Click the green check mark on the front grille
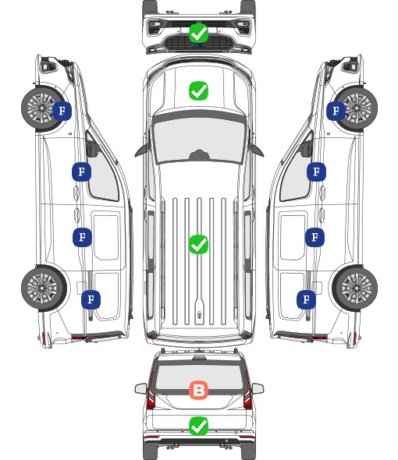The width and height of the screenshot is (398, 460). (x=198, y=34)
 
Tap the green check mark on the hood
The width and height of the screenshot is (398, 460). (x=198, y=90)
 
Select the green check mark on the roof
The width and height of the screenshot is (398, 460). (x=198, y=244)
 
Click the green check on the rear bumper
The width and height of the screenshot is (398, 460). (x=198, y=426)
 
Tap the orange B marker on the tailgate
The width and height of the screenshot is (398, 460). (x=198, y=391)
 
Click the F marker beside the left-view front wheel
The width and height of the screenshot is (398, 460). (x=62, y=111)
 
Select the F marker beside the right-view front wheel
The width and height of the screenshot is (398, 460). (x=336, y=111)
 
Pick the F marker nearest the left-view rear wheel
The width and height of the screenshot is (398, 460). (x=91, y=299)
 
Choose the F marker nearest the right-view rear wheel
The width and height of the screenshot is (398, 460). (x=307, y=299)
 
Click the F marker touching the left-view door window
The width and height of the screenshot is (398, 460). (x=81, y=172)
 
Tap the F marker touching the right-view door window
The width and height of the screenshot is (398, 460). (x=316, y=172)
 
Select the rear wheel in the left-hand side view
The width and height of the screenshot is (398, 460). (x=44, y=288)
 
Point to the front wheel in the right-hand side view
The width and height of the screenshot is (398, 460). (x=356, y=108)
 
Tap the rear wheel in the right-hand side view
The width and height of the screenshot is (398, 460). (x=355, y=288)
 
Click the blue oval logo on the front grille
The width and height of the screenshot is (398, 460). (x=198, y=45)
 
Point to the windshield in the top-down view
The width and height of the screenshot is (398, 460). (x=199, y=140)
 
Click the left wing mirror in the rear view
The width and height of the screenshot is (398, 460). (x=140, y=388)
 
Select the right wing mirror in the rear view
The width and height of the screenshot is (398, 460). (x=258, y=388)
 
